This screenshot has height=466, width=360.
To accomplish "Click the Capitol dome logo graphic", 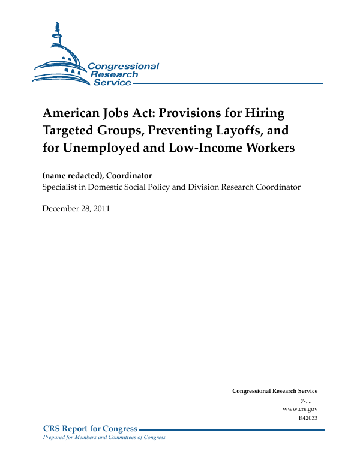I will coord(60,57).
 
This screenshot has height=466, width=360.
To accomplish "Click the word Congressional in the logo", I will coord(124,67).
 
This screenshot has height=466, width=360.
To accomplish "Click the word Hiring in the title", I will coord(265,113).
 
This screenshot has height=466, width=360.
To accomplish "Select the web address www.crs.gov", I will coord(299,408).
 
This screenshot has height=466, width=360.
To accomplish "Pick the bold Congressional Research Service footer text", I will coord(274,391).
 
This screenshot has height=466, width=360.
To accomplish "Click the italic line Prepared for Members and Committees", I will coord(100,437).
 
